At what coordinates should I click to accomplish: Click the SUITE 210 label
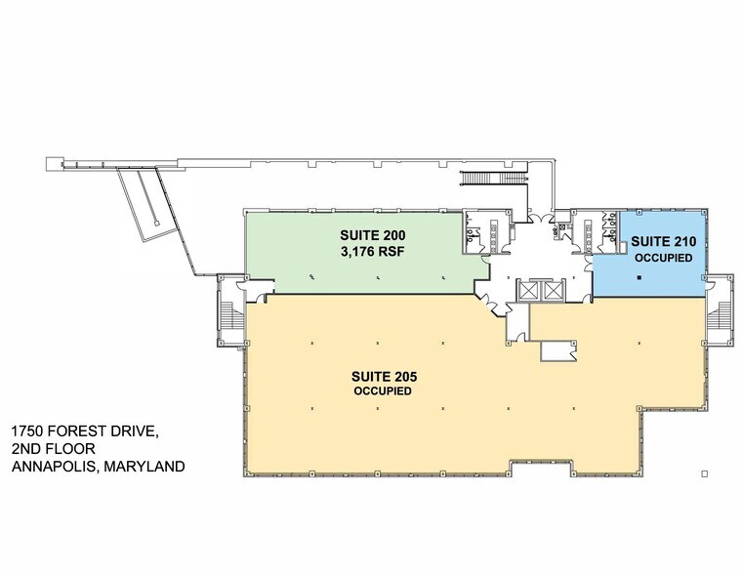[x=663, y=241]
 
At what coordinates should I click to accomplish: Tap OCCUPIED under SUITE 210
[x=663, y=259]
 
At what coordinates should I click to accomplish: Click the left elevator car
[x=530, y=291]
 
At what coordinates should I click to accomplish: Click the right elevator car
[x=553, y=291]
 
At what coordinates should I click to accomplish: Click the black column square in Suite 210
[x=640, y=277]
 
